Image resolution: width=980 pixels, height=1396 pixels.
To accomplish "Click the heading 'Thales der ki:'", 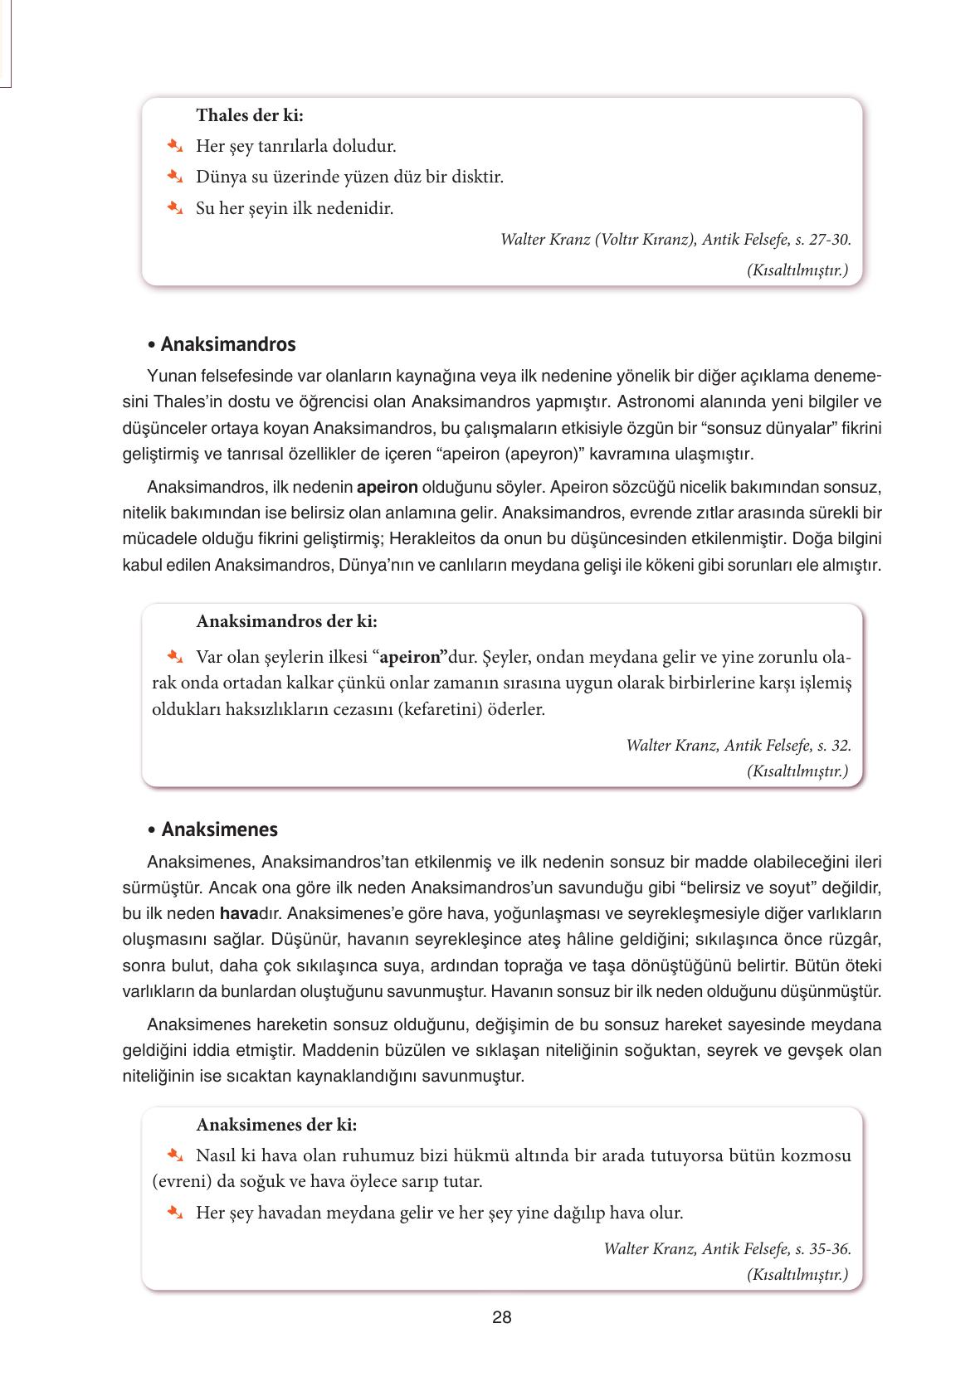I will pyautogui.click(x=249, y=115).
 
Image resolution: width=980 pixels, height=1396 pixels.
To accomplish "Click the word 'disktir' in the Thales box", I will pyautogui.click(x=477, y=177).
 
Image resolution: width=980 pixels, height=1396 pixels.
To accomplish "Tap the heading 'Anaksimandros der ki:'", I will pyautogui.click(x=286, y=620).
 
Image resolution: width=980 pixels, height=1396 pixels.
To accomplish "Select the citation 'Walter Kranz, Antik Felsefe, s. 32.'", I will pyautogui.click(x=739, y=745).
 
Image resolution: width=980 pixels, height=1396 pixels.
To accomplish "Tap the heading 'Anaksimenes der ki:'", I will pyautogui.click(x=276, y=1125).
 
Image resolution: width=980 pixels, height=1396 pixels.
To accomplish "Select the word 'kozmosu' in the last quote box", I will pyautogui.click(x=817, y=1155).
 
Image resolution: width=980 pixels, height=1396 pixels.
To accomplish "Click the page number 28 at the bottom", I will pyautogui.click(x=501, y=1317).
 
